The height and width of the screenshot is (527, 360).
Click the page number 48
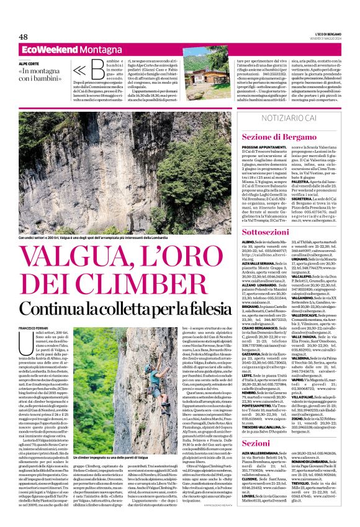pos(24,37)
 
